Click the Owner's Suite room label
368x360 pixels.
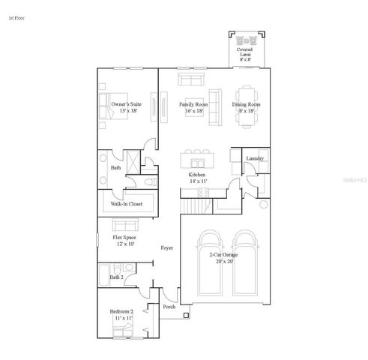pos(120,107)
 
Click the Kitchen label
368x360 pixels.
pos(197,178)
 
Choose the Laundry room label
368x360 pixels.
pos(256,158)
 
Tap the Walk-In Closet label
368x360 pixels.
pos(127,202)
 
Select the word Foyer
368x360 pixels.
pos(167,247)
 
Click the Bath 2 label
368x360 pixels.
pos(116,277)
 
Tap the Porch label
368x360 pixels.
pos(169,306)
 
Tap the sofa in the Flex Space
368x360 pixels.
pos(125,223)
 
